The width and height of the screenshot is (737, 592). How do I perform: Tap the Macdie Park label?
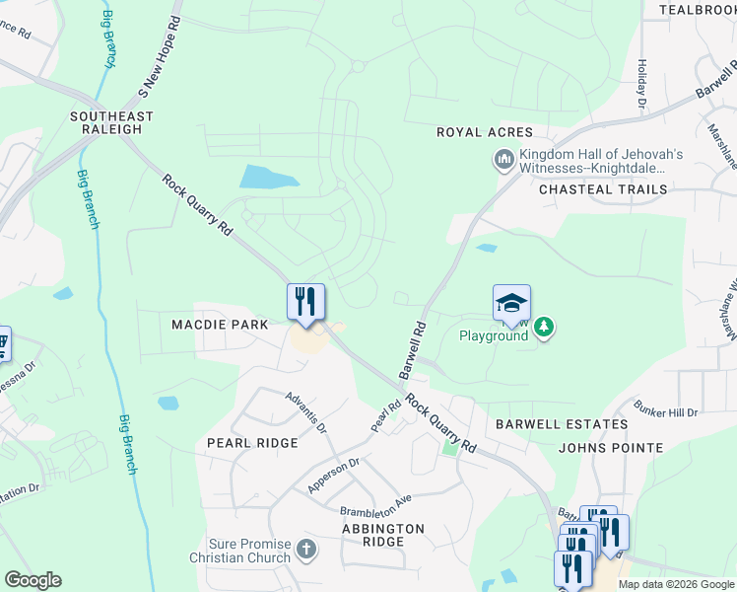click(219, 325)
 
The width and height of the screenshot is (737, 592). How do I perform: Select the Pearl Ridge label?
click(252, 443)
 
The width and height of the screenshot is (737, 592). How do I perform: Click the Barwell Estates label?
click(561, 424)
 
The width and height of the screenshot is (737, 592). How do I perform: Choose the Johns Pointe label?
click(610, 448)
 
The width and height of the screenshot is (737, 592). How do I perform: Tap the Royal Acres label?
click(485, 132)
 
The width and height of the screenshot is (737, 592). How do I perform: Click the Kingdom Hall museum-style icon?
click(503, 159)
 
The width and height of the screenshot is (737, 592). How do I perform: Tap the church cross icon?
click(305, 550)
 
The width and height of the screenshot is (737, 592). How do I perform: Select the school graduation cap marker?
click(511, 304)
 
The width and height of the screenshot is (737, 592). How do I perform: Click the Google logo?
click(33, 580)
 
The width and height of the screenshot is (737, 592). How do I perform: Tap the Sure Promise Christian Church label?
click(250, 551)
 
